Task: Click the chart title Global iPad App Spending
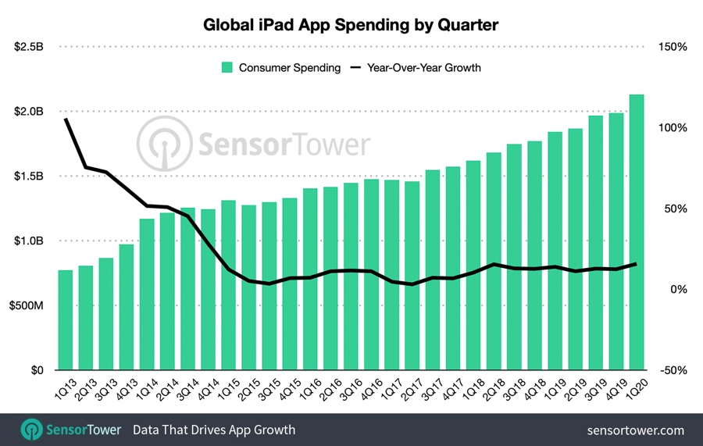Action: point(351,24)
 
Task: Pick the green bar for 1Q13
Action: point(66,320)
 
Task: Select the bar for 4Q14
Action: point(208,290)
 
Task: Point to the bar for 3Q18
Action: point(515,257)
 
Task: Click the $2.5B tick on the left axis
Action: point(29,47)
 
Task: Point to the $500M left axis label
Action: point(28,306)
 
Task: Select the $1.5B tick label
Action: point(29,177)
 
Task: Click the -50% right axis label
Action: point(672,371)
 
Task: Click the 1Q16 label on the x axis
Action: point(308,387)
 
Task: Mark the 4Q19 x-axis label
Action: point(614,387)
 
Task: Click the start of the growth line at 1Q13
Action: point(66,119)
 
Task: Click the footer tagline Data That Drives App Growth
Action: point(214,430)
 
